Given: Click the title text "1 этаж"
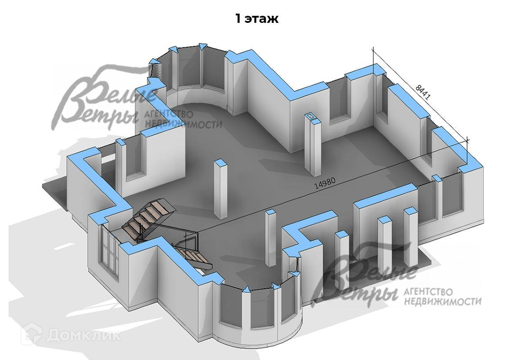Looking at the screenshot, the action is click(x=256, y=19).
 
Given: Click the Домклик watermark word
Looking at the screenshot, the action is click(x=84, y=335).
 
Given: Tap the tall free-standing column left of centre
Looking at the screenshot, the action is click(x=220, y=189).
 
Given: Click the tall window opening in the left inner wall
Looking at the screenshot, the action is click(x=134, y=158).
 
